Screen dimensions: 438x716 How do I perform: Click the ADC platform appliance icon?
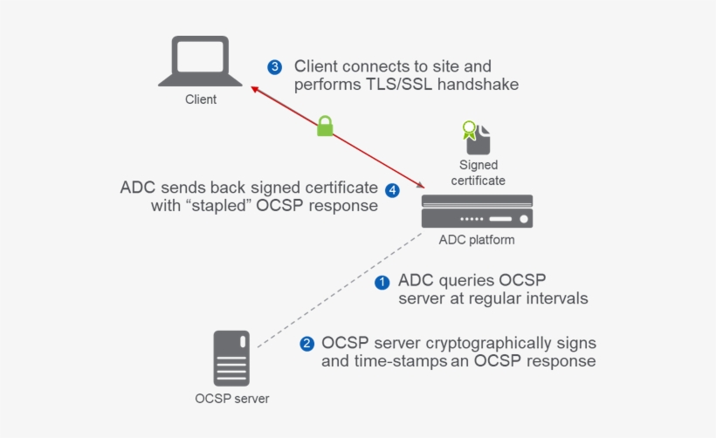pyautogui.click(x=477, y=211)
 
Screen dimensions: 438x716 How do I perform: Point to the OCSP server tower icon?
pyautogui.click(x=231, y=358)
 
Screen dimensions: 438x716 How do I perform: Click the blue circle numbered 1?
pyautogui.click(x=382, y=282)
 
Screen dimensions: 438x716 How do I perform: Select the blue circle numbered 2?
pyautogui.click(x=306, y=344)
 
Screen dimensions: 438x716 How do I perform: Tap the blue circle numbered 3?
pyautogui.click(x=275, y=67)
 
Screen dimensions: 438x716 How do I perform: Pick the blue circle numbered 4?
pyautogui.click(x=392, y=189)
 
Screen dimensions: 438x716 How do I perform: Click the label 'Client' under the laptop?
pyautogui.click(x=200, y=99)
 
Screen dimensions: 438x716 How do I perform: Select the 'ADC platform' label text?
pyautogui.click(x=477, y=240)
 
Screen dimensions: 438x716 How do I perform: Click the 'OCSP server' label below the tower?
pyautogui.click(x=231, y=399)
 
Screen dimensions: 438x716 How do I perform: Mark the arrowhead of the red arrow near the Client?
pyautogui.click(x=254, y=88)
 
